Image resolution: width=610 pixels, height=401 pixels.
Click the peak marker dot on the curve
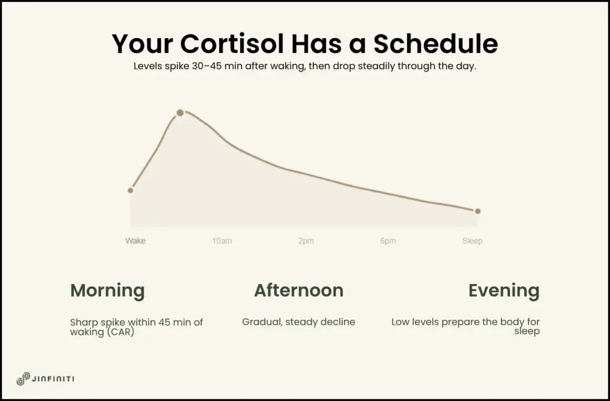(x=180, y=113)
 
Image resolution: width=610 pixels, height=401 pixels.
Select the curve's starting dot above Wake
(x=130, y=190)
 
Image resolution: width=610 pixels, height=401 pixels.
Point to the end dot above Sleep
(x=477, y=211)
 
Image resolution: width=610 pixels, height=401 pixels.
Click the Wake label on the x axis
(x=135, y=241)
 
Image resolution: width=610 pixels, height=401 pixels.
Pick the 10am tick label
(x=222, y=241)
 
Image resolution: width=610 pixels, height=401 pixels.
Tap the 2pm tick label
(x=306, y=241)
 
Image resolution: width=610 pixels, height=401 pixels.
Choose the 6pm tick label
(x=387, y=241)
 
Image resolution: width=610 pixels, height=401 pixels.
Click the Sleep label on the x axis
(x=472, y=241)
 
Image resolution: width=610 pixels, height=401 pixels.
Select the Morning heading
(x=107, y=291)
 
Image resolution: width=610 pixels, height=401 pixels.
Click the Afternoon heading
(x=298, y=291)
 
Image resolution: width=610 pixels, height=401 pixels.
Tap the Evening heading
(x=503, y=291)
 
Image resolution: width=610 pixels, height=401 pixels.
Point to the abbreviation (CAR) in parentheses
(x=119, y=331)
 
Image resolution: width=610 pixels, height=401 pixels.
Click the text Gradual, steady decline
(x=298, y=322)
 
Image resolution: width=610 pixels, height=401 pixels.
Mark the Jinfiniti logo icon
(x=23, y=379)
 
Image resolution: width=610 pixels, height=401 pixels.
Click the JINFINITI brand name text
(x=54, y=379)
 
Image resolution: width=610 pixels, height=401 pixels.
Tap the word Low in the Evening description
(x=401, y=322)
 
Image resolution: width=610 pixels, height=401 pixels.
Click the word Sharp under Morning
(x=83, y=322)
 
